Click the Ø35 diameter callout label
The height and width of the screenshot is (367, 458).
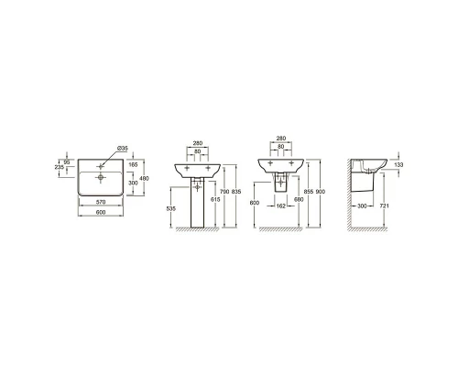point(123,149)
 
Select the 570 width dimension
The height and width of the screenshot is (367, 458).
point(101,202)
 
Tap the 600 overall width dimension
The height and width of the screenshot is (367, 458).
point(101,212)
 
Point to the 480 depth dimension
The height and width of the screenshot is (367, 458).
point(144,178)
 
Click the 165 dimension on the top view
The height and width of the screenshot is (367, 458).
point(133,165)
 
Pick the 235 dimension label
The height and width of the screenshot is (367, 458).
point(60,167)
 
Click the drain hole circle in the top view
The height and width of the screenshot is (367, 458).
point(100,177)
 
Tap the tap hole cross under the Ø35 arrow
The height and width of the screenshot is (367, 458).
point(100,166)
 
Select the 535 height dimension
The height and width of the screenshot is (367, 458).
point(171,209)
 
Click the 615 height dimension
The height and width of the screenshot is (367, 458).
point(215,199)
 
